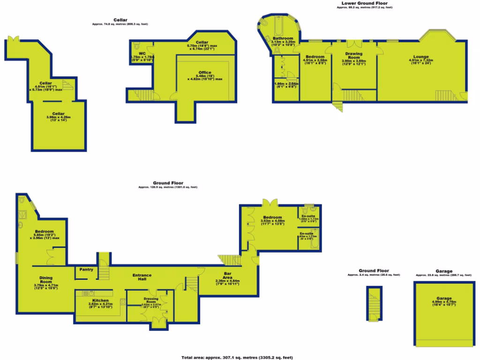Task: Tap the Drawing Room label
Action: (x=353, y=55)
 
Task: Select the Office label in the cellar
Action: (x=205, y=72)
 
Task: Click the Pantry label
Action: (x=86, y=270)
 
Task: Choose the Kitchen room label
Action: (x=100, y=300)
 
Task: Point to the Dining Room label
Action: (x=45, y=278)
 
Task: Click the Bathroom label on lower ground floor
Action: (x=283, y=38)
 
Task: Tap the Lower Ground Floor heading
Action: (x=365, y=3)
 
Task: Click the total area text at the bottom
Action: (x=237, y=357)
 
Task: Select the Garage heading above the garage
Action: (x=444, y=271)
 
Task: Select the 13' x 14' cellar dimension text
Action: (x=58, y=120)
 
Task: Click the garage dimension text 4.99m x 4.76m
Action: (x=443, y=302)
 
